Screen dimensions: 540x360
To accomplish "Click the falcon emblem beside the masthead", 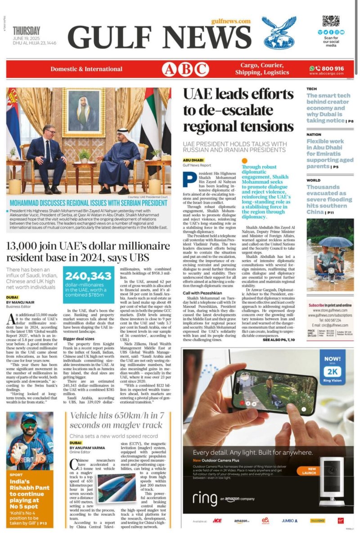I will pyautogui.click(x=279, y=32).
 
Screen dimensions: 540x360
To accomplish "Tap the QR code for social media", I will pyautogui.click(x=331, y=21).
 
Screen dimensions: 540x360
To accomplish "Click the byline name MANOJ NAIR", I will pyautogui.click(x=25, y=302).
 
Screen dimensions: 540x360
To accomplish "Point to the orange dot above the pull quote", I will pyautogui.click(x=245, y=160).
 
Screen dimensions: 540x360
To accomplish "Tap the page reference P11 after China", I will pyautogui.click(x=330, y=212).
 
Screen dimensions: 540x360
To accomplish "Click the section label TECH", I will pyautogui.click(x=312, y=89).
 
